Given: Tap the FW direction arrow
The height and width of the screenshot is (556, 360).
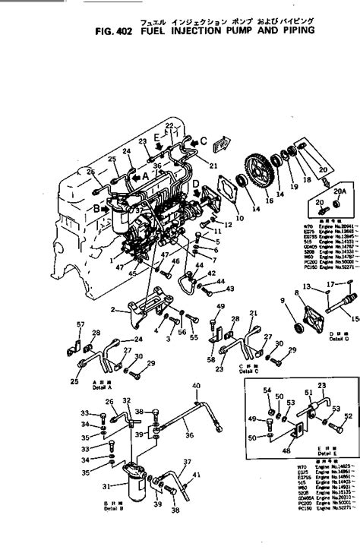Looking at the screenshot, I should pyautogui.click(x=222, y=143).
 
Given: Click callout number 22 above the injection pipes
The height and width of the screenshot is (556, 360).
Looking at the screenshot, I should pyautogui.click(x=169, y=125).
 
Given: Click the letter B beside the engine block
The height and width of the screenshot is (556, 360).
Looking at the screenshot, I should pyautogui.click(x=96, y=207).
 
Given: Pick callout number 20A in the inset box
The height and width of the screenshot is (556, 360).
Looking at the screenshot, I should pyautogui.click(x=339, y=192).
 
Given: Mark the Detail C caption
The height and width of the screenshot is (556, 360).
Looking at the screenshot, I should pyautogui.click(x=249, y=371).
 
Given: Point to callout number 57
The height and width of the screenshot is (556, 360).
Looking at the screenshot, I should pyautogui.click(x=80, y=326).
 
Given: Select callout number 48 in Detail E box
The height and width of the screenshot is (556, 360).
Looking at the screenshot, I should pyautogui.click(x=286, y=450).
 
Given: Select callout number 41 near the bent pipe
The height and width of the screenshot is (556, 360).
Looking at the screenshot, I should pyautogui.click(x=197, y=475).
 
